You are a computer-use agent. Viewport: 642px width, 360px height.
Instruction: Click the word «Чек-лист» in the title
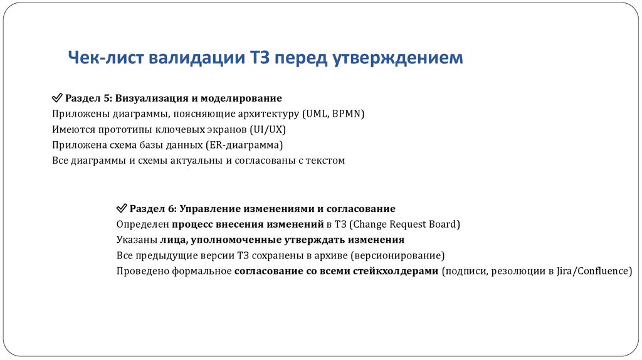tap(106, 58)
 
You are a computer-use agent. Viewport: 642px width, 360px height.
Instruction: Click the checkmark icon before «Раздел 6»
tap(122, 208)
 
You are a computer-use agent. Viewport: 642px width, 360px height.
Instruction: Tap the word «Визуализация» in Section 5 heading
tap(148, 98)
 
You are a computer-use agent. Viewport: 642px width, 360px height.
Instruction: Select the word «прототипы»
tap(122, 130)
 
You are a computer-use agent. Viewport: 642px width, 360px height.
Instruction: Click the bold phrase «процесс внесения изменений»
tap(248, 224)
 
